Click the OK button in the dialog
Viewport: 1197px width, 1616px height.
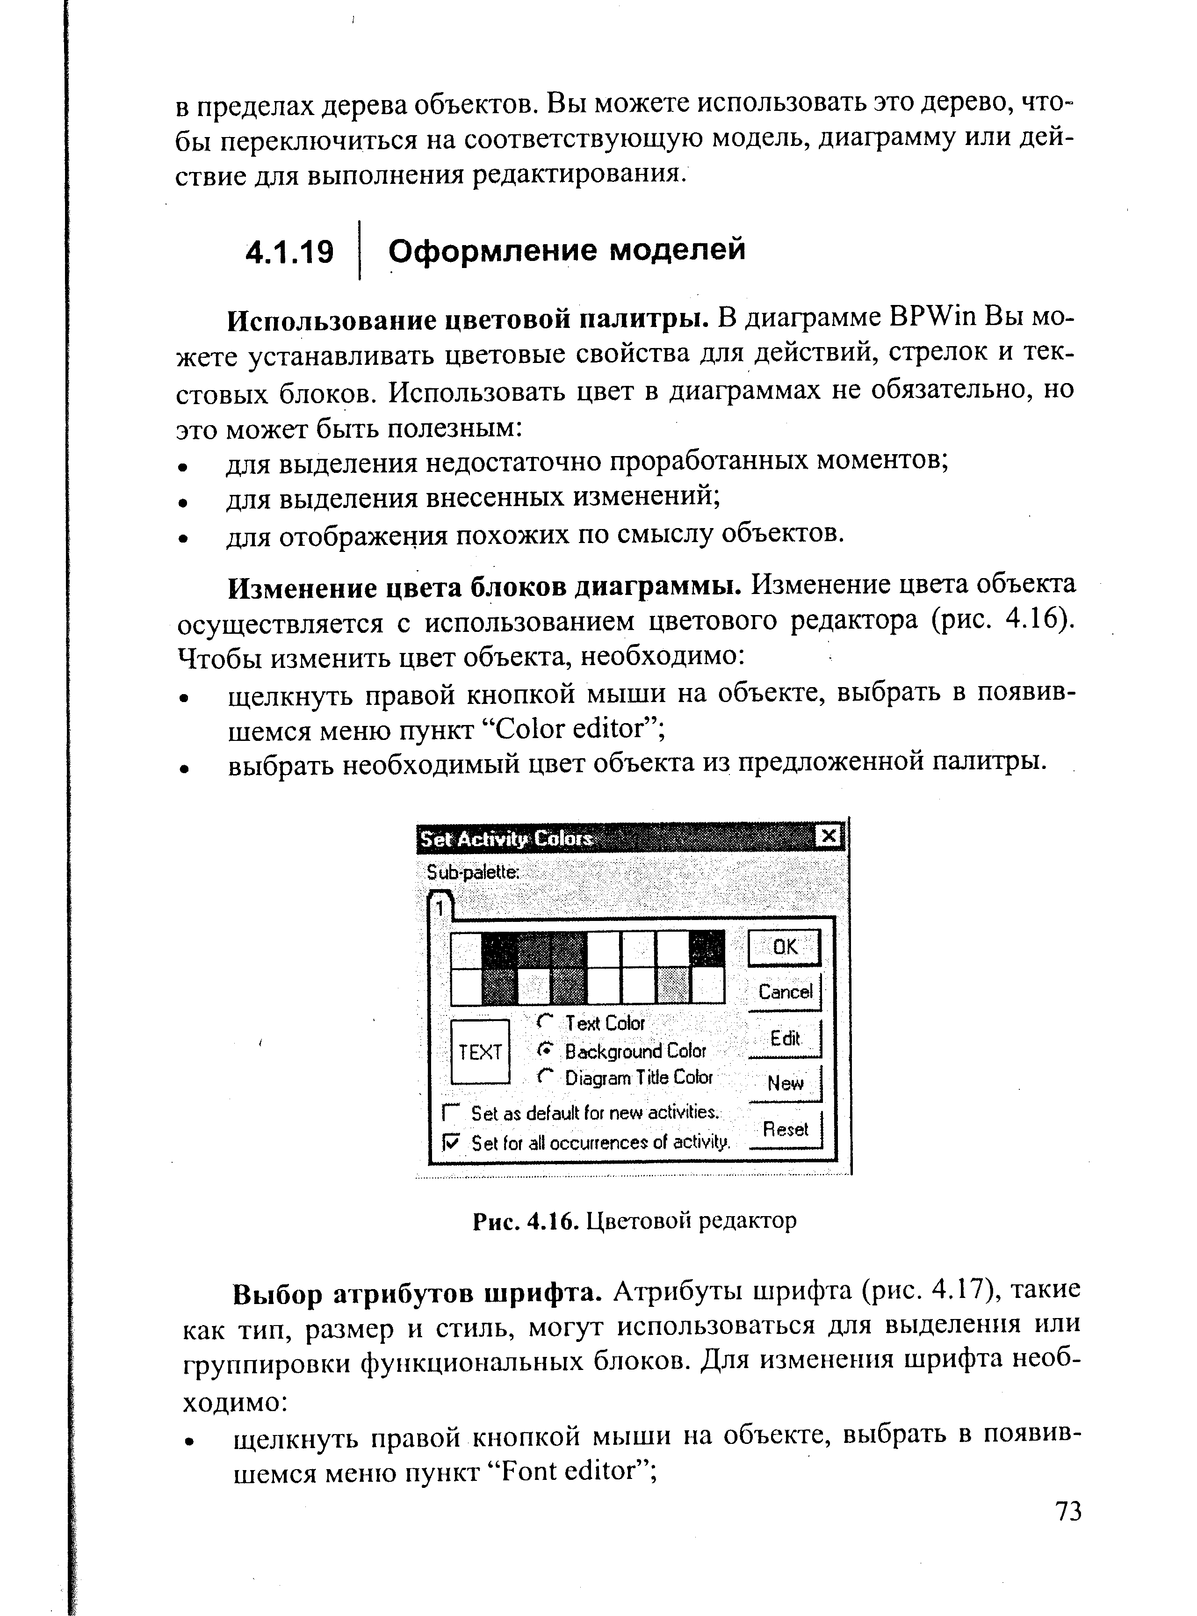click(784, 947)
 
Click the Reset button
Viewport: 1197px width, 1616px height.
click(785, 1129)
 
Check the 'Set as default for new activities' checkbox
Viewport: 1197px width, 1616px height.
click(451, 1112)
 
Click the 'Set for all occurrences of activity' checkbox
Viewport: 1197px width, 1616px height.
click(451, 1143)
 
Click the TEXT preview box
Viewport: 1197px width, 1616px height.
click(480, 1051)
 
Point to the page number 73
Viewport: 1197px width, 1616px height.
click(1068, 1512)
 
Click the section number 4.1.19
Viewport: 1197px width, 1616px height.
click(290, 252)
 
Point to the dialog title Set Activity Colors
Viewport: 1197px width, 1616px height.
click(507, 839)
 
